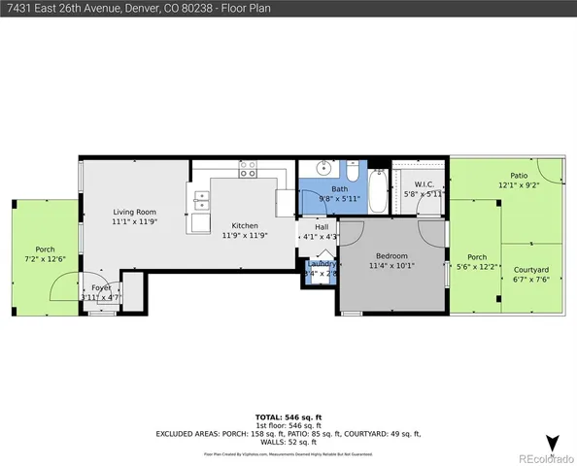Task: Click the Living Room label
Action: (x=134, y=212)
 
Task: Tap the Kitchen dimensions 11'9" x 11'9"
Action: (x=238, y=236)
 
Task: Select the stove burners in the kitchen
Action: (x=248, y=169)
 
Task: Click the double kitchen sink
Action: (x=203, y=201)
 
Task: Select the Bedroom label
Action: (x=391, y=255)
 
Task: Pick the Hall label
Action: (x=321, y=226)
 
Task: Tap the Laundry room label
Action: (x=322, y=264)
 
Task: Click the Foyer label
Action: (x=101, y=288)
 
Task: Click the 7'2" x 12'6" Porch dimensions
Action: (x=45, y=259)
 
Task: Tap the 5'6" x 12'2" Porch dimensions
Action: (x=477, y=267)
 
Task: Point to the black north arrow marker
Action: (x=553, y=443)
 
